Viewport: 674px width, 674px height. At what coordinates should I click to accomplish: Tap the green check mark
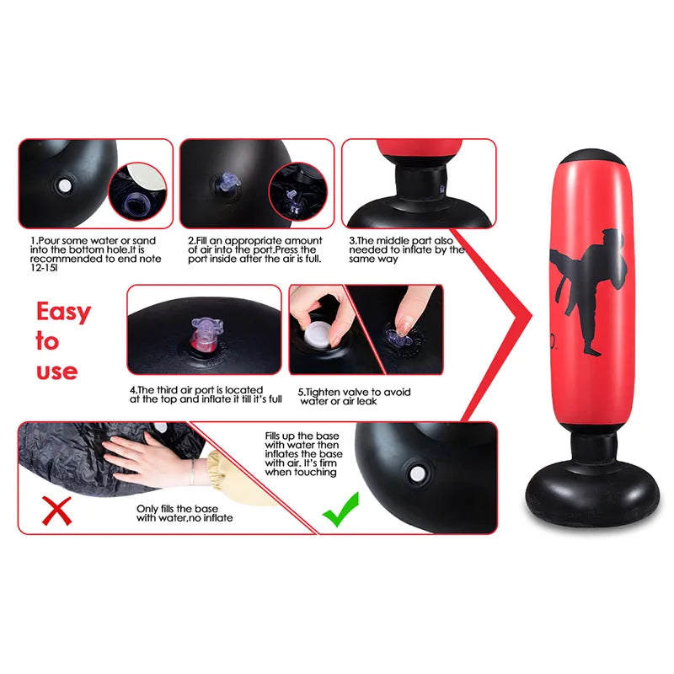click(x=340, y=510)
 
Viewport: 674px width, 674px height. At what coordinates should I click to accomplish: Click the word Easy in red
click(x=63, y=313)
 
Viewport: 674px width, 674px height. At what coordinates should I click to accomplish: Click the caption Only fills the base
click(x=185, y=513)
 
